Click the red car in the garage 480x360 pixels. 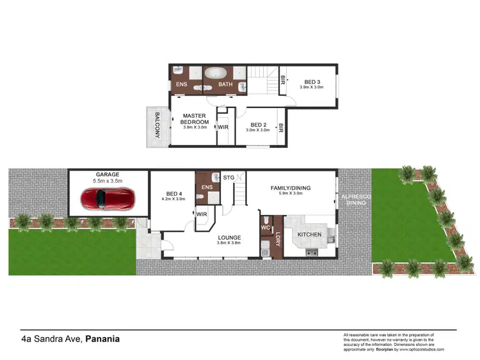[x=108, y=200]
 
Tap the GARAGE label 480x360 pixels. [x=108, y=174]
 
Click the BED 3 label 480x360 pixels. [x=311, y=81]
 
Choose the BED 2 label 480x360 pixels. [x=258, y=125]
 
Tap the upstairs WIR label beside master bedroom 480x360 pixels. [x=223, y=127]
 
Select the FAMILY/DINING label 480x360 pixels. [x=291, y=188]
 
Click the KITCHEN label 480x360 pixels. [x=310, y=235]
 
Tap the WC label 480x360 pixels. [x=265, y=227]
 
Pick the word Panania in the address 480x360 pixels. [x=102, y=339]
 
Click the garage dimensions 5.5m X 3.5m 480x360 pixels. [x=108, y=182]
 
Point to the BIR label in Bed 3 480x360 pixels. [x=283, y=81]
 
